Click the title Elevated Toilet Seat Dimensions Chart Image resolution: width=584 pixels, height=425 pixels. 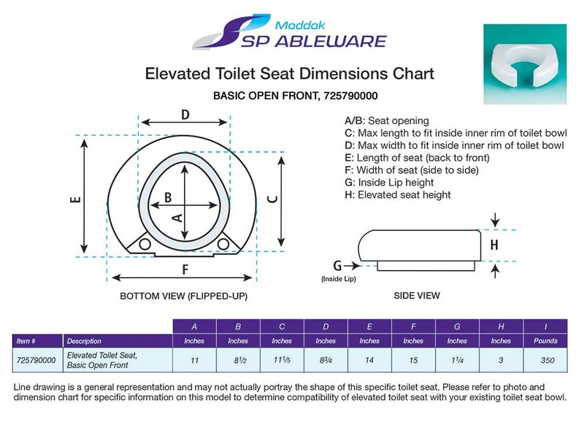(x=290, y=74)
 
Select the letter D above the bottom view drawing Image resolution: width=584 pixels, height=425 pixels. (x=185, y=114)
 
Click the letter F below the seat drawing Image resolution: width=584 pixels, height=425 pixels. (x=185, y=269)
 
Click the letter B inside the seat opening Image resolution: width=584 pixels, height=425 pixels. (x=167, y=197)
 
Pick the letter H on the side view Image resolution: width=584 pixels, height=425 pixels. (x=494, y=245)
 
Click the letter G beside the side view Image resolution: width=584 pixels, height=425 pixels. (x=337, y=266)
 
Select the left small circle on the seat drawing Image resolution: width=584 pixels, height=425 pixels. (x=145, y=243)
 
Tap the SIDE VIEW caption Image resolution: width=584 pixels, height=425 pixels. (x=418, y=296)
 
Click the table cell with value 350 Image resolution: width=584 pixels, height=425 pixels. (x=545, y=360)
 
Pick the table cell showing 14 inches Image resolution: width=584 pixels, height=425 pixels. (x=369, y=360)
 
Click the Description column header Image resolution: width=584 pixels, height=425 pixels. (x=84, y=341)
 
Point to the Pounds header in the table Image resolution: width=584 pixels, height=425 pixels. (x=545, y=341)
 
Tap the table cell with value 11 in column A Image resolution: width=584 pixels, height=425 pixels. (x=194, y=360)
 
